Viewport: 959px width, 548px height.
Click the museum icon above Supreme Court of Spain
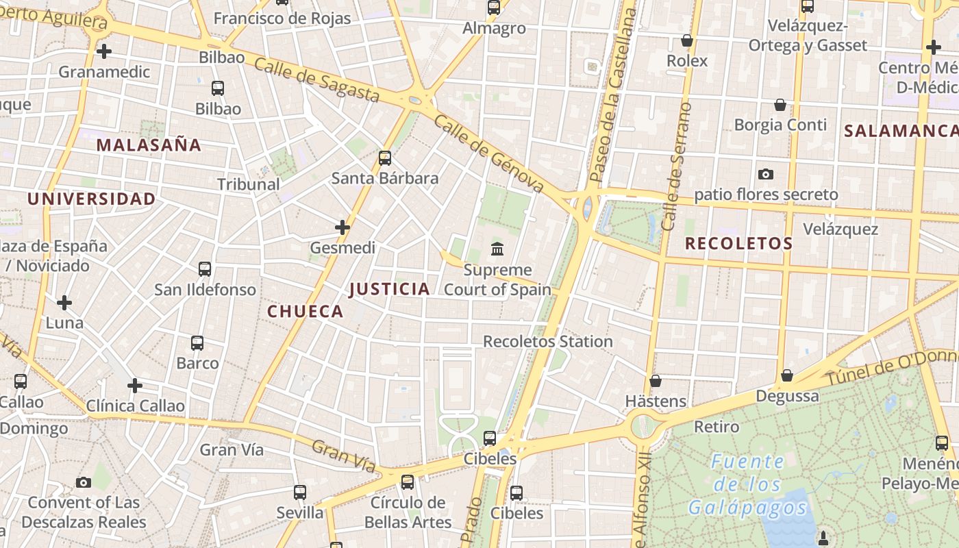pos(497,248)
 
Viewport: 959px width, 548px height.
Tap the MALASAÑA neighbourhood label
pos(149,145)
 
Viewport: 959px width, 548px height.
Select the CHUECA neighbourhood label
pos(305,312)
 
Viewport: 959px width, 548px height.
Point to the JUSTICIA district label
pos(389,289)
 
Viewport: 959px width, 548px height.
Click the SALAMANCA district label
pos(900,131)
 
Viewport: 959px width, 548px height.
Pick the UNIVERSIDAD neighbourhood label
pos(91,199)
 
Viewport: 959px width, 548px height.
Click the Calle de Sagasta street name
pos(316,80)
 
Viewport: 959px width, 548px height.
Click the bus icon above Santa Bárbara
pos(385,158)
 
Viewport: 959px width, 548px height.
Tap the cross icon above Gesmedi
pos(342,227)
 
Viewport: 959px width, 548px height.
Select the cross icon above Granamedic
pos(104,51)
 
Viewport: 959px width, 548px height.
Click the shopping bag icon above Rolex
pos(687,41)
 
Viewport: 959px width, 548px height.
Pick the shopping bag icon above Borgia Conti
pos(780,105)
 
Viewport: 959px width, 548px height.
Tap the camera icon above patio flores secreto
pos(766,175)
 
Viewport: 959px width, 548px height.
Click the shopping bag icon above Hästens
pos(656,381)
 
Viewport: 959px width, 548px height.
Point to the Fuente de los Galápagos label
pos(747,484)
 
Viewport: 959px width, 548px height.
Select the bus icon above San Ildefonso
pos(205,269)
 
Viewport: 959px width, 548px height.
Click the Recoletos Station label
pos(548,341)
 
